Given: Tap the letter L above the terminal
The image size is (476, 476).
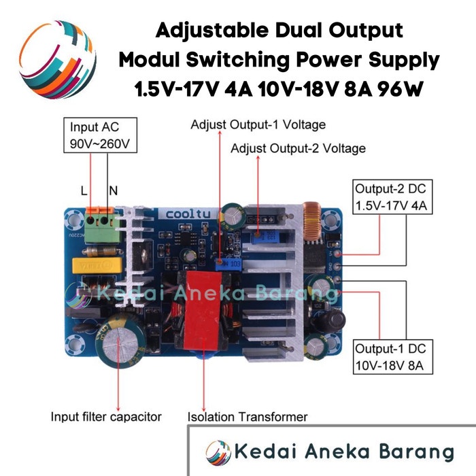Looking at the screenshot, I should (84, 192).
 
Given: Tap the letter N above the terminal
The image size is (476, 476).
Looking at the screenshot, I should (112, 192).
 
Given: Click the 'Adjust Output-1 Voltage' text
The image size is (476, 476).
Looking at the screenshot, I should (258, 125).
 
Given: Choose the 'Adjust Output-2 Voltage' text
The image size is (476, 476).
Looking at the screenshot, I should (298, 148).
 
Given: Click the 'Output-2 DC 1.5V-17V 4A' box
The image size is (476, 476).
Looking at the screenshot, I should (390, 197).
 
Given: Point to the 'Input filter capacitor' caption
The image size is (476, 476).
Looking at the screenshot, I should (106, 416).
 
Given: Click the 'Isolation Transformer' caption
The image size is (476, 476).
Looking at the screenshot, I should (248, 416).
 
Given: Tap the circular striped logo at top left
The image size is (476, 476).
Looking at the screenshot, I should (58, 59).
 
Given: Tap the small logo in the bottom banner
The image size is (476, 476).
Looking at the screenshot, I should (218, 452).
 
